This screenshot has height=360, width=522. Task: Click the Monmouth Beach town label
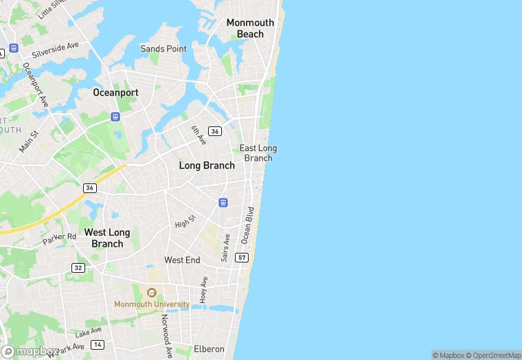point(250,28)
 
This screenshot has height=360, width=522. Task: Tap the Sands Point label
point(163,49)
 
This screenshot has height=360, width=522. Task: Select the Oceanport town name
point(116,92)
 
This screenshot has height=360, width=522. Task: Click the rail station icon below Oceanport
point(115,117)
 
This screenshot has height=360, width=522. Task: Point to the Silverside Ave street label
point(56,49)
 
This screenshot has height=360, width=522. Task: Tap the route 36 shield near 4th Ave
point(215,131)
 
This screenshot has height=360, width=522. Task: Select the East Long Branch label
point(258,153)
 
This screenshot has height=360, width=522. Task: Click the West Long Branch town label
point(107,238)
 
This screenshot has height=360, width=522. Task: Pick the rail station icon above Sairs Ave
point(223,202)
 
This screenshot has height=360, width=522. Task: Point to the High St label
point(185,221)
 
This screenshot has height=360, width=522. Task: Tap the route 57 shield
point(242,258)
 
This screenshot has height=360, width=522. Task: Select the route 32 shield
point(78,267)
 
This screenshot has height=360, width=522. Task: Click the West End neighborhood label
point(182,260)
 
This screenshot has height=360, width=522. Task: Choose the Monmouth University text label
point(152,304)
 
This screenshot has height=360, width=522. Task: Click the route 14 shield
point(98,344)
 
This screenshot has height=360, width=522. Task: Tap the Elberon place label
point(209,349)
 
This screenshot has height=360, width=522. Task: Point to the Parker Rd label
point(59,238)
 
